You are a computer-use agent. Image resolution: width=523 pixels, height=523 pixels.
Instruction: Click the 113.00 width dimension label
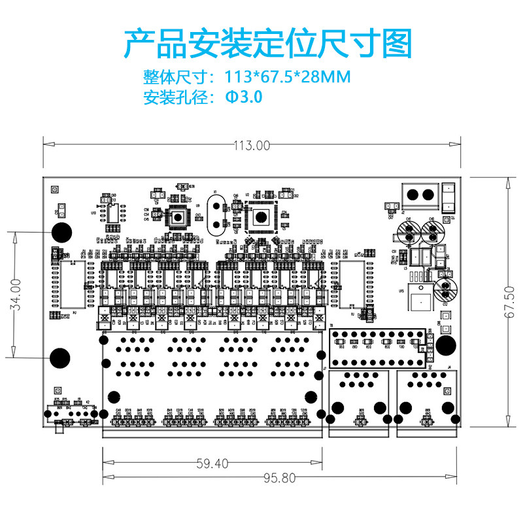click(252, 146)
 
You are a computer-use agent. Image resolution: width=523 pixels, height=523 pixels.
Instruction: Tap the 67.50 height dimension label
click(510, 301)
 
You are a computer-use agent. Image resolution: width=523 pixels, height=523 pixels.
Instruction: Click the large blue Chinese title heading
click(268, 44)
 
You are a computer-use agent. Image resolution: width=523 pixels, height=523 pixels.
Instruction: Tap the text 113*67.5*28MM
click(288, 77)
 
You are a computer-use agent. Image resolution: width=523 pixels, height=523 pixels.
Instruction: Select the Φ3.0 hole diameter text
click(244, 97)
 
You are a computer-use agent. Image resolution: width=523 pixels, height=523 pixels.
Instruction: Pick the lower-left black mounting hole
click(59, 357)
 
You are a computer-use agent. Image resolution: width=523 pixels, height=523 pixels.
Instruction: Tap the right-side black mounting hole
click(446, 345)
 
